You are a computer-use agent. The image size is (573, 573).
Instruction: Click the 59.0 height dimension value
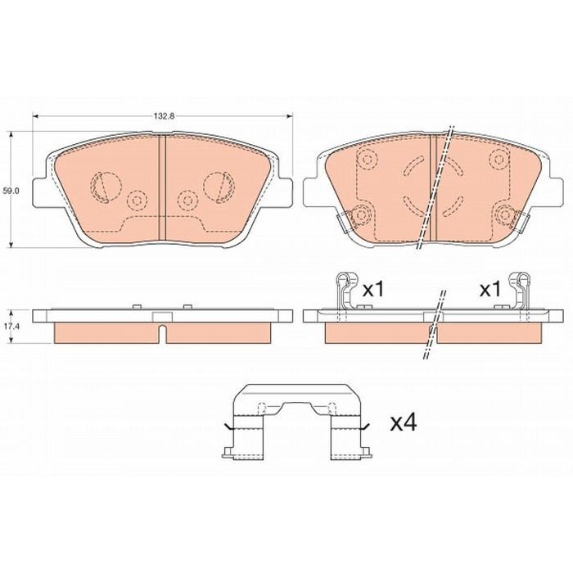[8, 191]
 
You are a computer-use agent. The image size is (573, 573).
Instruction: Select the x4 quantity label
[404, 423]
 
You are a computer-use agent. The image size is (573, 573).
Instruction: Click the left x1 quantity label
[373, 291]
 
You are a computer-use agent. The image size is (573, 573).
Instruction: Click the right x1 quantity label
[490, 291]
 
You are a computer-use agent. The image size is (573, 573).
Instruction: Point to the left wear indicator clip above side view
[345, 291]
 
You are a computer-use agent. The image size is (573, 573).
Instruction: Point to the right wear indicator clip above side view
[520, 291]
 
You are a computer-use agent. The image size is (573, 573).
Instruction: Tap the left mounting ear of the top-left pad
[39, 192]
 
